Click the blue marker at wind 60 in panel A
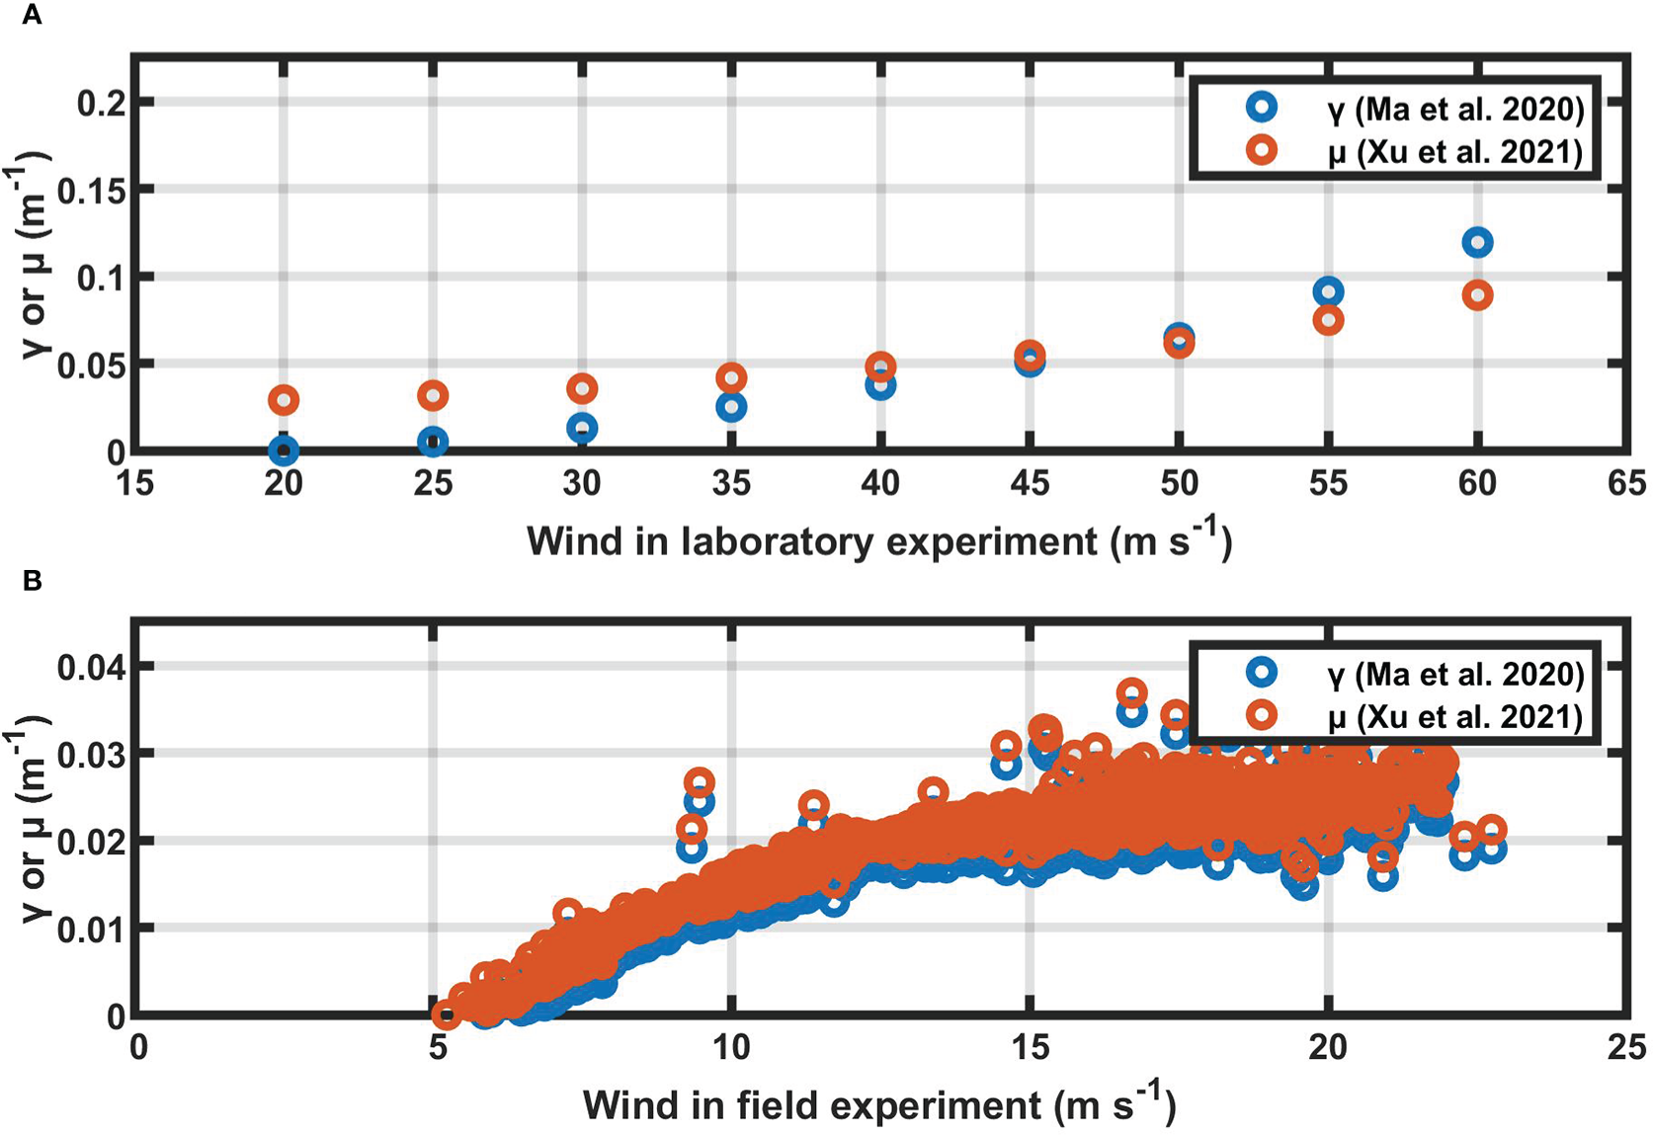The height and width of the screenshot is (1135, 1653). [1476, 242]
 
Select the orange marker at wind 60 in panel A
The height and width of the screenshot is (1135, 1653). [1476, 294]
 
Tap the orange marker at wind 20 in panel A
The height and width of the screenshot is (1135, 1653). [284, 400]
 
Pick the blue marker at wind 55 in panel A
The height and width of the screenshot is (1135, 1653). [1328, 291]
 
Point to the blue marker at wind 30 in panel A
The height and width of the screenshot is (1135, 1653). [582, 428]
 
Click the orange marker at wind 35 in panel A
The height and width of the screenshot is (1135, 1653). [731, 377]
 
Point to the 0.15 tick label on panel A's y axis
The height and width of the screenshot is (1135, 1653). [91, 190]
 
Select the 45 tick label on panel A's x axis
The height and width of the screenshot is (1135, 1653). [1030, 483]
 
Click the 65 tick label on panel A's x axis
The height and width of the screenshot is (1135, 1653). [1625, 483]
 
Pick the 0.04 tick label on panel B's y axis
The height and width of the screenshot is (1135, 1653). [91, 667]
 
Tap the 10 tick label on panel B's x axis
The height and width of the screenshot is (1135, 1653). [731, 1047]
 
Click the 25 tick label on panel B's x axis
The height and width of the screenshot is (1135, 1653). [1625, 1047]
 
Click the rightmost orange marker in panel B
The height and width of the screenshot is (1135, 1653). [1492, 830]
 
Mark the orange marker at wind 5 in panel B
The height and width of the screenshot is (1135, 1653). [446, 1013]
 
